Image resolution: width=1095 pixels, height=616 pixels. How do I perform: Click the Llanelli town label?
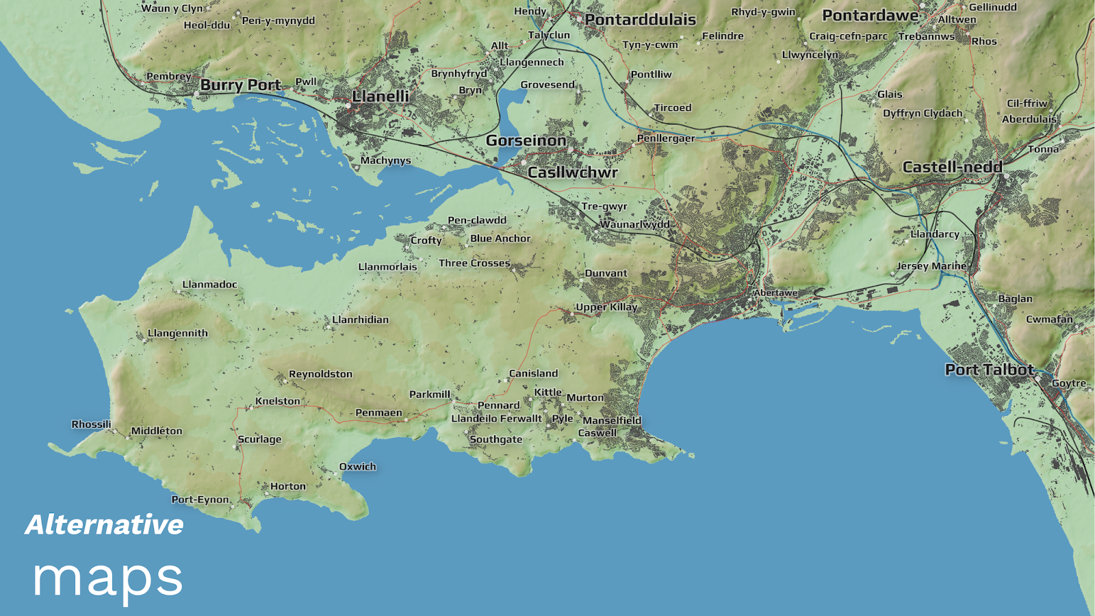[381, 97]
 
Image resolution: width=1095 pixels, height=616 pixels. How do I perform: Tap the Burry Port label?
[240, 86]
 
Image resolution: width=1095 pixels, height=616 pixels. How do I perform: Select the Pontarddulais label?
[640, 20]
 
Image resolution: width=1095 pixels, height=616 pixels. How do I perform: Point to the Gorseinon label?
[526, 141]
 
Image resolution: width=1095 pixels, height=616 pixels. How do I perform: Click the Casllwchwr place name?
[572, 172]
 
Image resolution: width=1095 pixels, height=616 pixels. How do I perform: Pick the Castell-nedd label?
[952, 167]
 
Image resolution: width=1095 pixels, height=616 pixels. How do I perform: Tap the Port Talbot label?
[989, 370]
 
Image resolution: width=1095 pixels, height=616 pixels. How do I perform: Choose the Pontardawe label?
[870, 16]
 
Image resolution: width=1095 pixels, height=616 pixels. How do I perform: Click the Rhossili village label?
[91, 424]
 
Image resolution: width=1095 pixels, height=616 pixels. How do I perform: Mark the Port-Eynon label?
[200, 500]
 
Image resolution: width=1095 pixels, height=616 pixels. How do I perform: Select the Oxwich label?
[357, 467]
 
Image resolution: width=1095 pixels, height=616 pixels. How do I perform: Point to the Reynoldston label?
[320, 374]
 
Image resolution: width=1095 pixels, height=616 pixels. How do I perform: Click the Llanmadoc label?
[209, 285]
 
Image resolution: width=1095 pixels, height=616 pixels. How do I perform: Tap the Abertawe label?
[775, 293]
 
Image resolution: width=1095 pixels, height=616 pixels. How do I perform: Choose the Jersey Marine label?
[931, 266]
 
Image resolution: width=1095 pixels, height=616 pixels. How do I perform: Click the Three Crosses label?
[474, 264]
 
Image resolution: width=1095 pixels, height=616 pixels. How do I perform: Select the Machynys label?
[385, 161]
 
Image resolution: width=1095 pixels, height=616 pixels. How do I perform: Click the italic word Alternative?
[104, 525]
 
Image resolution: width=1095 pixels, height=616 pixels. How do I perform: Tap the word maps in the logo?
[107, 578]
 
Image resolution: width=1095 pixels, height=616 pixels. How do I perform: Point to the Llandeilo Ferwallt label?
[496, 419]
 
